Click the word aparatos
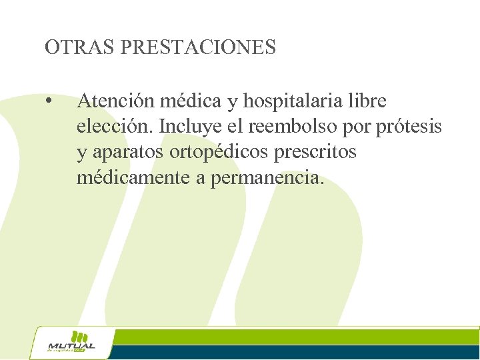coord(127,152)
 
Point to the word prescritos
coord(323,152)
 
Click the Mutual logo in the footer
coord(71,343)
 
